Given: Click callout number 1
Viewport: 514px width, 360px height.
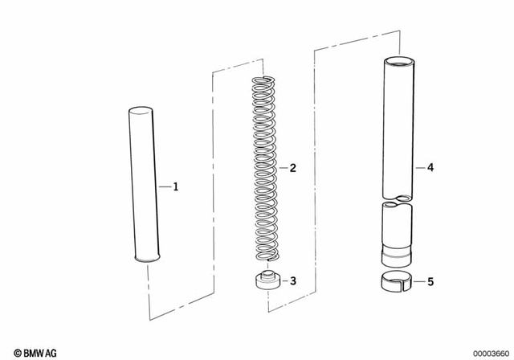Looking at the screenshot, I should click(176, 186).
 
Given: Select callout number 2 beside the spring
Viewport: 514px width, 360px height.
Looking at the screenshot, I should click(293, 168).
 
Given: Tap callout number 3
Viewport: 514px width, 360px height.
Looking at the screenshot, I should click(293, 281).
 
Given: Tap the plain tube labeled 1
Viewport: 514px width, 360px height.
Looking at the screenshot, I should click(145, 185).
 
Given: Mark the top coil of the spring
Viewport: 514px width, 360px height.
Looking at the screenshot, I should click(264, 80).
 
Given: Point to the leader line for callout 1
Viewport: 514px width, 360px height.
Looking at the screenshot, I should click(165, 186).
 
